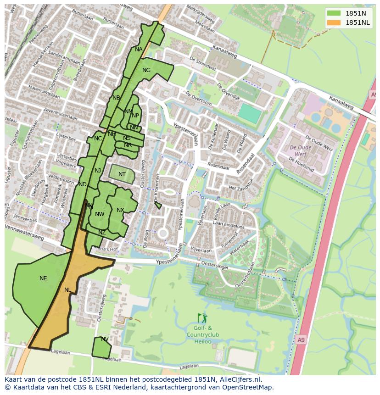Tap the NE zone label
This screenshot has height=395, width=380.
point(43,278)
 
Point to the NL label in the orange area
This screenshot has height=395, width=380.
point(68,290)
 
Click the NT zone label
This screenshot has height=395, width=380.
point(122,174)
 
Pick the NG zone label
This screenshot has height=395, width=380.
point(146,70)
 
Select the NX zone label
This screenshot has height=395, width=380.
point(120,210)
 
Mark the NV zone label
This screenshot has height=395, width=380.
point(105,339)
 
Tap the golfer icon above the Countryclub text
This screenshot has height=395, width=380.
point(202,318)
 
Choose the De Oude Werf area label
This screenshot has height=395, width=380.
point(301,150)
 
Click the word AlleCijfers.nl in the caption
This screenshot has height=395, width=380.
point(239,379)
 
